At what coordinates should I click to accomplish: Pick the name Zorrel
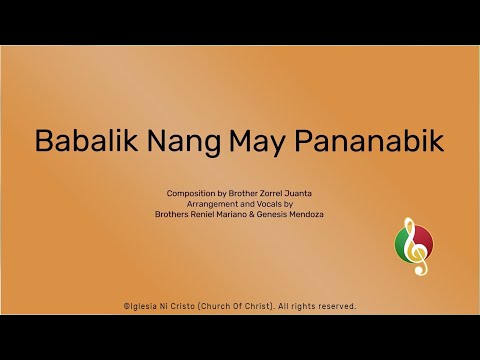pyautogui.click(x=275, y=192)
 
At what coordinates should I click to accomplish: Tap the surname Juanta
pyautogui.click(x=306, y=192)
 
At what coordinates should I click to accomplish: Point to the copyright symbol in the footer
pyautogui.click(x=125, y=306)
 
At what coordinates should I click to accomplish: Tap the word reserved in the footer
pyautogui.click(x=335, y=306)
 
